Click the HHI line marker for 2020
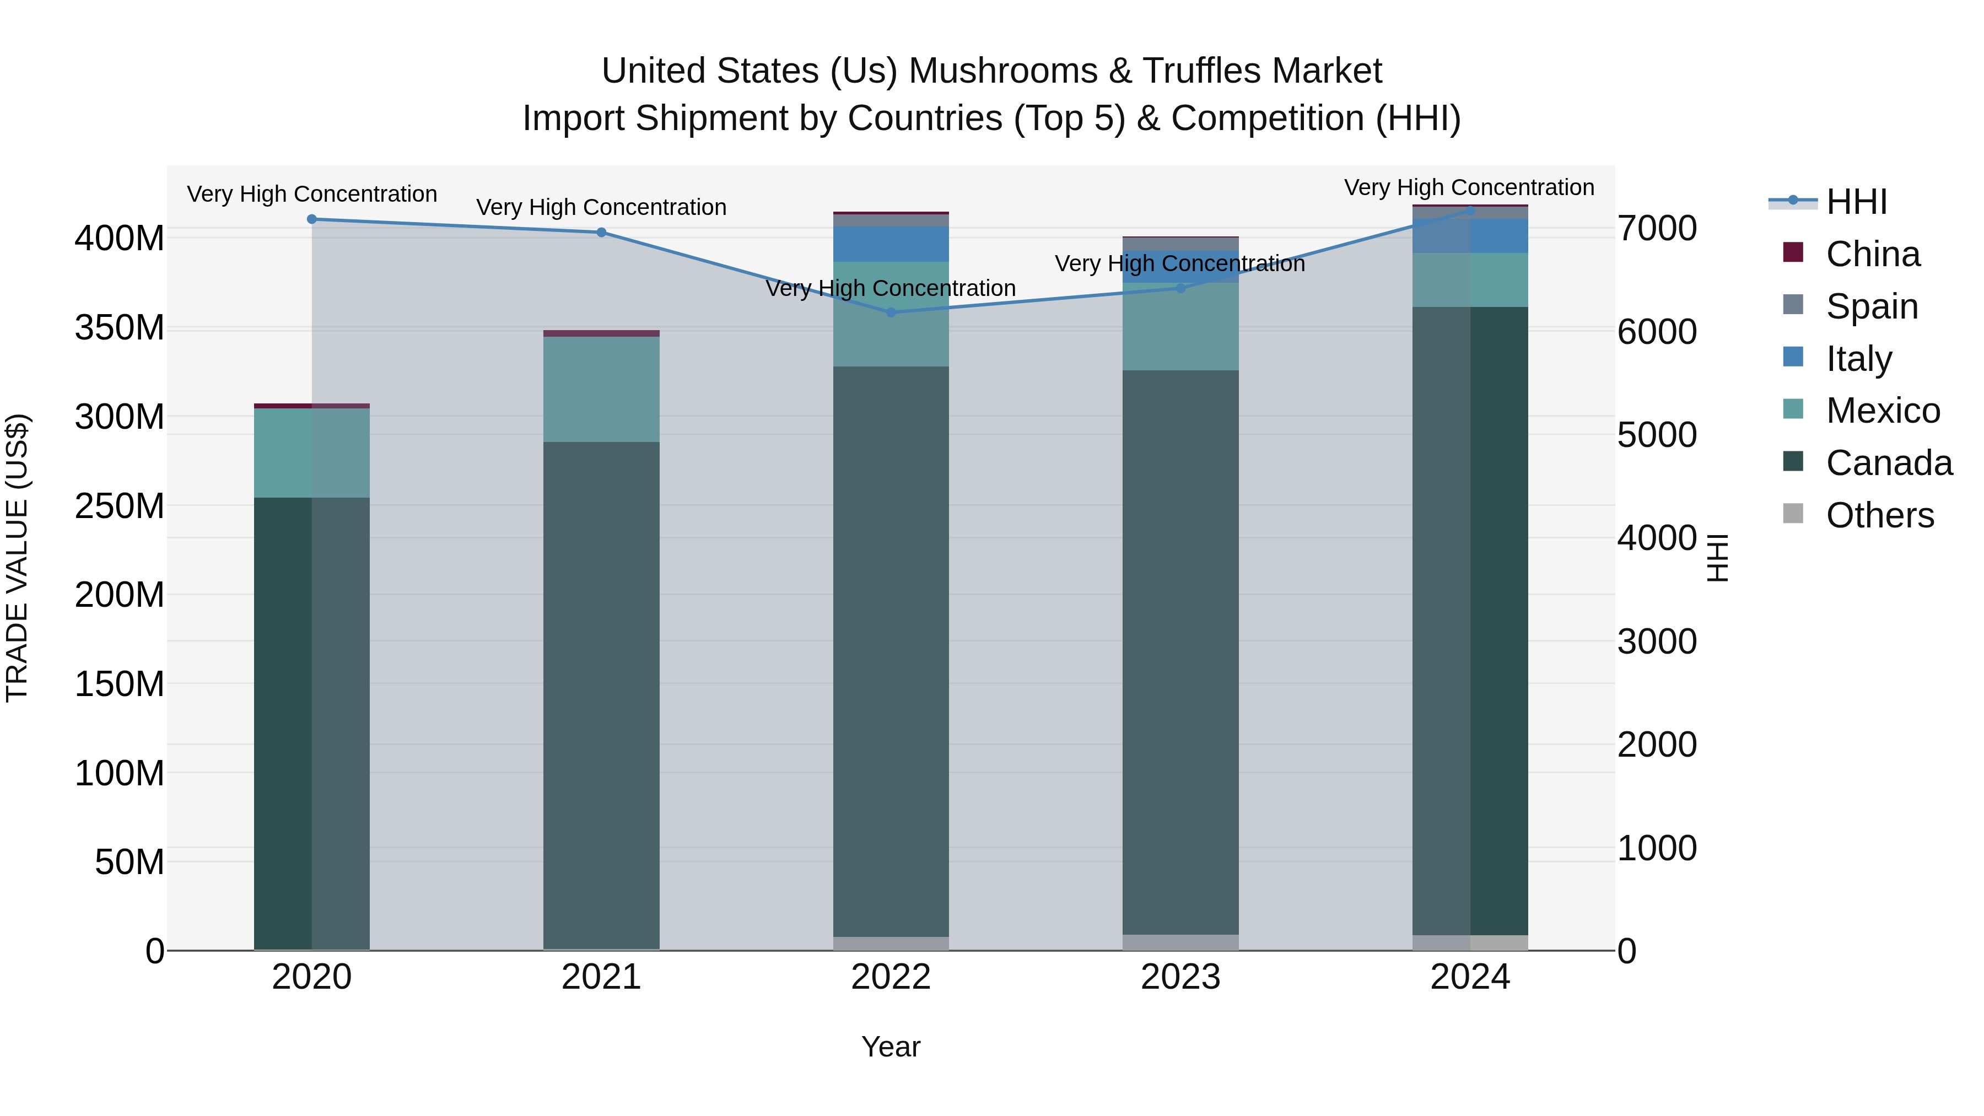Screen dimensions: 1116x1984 [x=312, y=219]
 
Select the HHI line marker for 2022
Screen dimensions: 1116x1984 [x=891, y=312]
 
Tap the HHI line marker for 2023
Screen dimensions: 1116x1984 [x=1180, y=288]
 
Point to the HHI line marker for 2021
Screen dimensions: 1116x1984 [x=601, y=233]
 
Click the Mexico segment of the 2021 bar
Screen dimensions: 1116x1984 [x=601, y=389]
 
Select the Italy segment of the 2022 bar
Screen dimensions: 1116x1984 [x=891, y=244]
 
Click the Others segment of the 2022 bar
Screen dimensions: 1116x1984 [x=891, y=944]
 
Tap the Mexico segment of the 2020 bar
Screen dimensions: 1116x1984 [x=312, y=453]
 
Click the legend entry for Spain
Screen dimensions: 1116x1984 [x=1872, y=306]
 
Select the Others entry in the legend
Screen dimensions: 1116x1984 [x=1879, y=515]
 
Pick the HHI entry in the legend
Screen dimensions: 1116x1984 [x=1856, y=202]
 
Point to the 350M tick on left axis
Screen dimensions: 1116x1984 [x=120, y=328]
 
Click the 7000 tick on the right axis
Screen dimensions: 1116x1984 [x=1657, y=229]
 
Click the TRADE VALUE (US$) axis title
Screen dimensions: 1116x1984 [x=17, y=558]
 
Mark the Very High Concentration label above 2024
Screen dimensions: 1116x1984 [x=1469, y=187]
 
